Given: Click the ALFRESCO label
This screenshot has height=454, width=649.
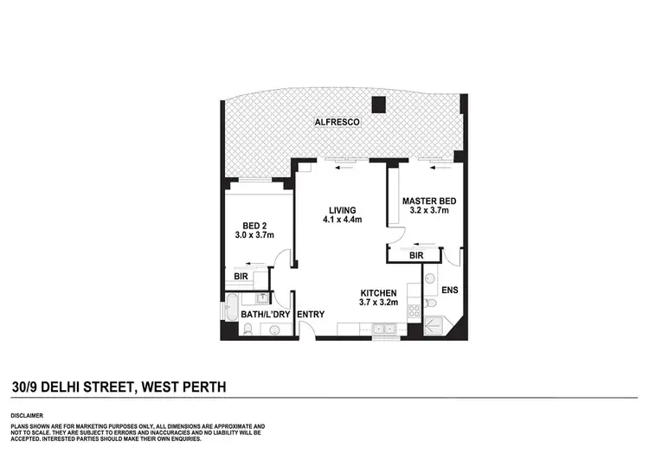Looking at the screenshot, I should [337, 123].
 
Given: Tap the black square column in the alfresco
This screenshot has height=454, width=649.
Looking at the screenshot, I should [378, 106].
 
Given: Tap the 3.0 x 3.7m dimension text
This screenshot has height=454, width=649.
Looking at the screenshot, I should [254, 234].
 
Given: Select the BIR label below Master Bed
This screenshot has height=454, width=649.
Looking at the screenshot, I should [416, 256].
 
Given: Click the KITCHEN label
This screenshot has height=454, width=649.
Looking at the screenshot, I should [379, 292].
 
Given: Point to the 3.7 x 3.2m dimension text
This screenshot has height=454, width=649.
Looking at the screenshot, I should [379, 304].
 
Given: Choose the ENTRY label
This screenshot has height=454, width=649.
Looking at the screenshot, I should [310, 314].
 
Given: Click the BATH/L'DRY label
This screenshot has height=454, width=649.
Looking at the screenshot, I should [266, 314].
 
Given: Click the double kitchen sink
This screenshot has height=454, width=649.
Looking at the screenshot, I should [383, 328].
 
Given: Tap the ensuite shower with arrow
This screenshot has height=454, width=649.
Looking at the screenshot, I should [434, 327].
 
